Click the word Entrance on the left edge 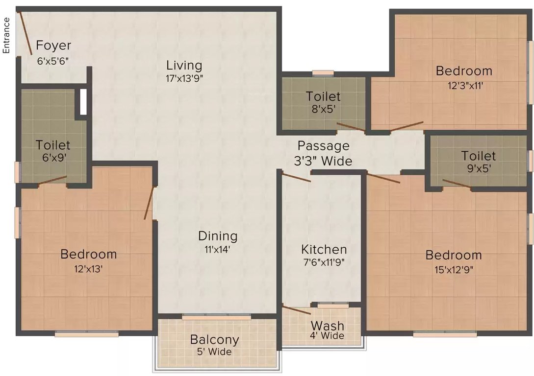pos(7,35)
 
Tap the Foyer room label pos(54,46)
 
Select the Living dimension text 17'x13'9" pos(184,77)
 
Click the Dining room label pos(218,236)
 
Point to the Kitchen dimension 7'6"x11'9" pos(324,261)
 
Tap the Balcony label pos(214,339)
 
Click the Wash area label pos(327,326)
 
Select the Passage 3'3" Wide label pos(324,153)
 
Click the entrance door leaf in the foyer pos(26,33)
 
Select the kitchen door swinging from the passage pos(296,176)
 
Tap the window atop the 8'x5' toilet pos(323,73)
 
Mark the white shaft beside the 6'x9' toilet pos(83,101)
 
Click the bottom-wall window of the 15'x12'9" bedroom pos(445,335)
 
